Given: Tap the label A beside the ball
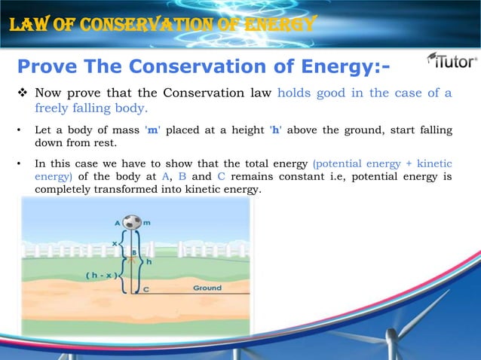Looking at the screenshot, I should (117, 224).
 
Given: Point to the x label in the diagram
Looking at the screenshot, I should (115, 243).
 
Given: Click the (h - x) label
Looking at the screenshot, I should (100, 275).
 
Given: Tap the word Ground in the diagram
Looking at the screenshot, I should (207, 288).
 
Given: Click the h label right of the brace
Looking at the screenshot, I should (149, 262).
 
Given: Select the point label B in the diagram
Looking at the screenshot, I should (134, 252).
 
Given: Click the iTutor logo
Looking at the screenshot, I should (451, 60).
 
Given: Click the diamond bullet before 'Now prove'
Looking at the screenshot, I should (22, 94).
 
